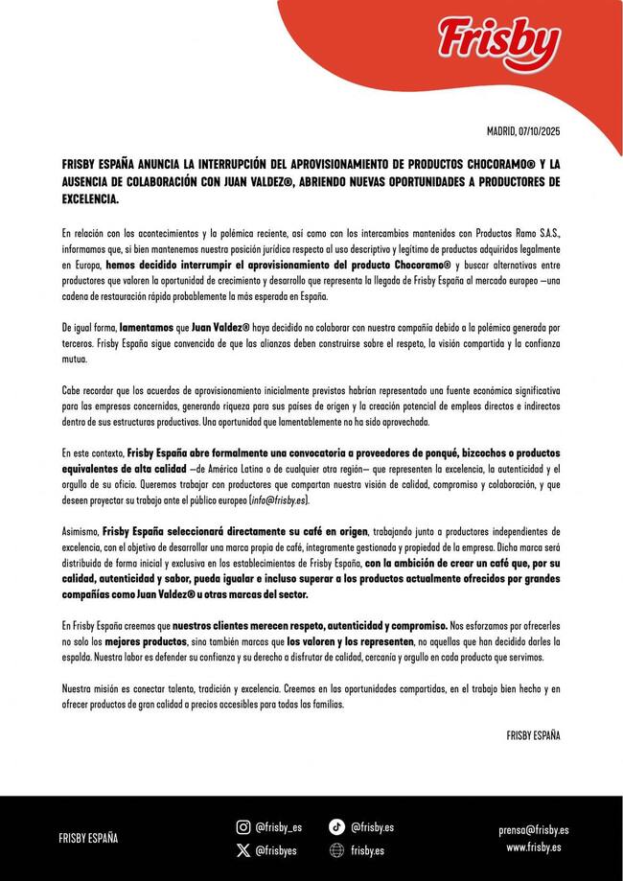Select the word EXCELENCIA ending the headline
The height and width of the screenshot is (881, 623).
pyautogui.click(x=89, y=198)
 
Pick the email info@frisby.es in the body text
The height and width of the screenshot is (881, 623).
pyautogui.click(x=279, y=500)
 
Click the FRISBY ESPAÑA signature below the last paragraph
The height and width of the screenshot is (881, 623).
pyautogui.click(x=533, y=735)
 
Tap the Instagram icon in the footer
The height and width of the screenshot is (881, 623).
pyautogui.click(x=243, y=827)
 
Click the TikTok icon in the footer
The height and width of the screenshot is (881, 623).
pyautogui.click(x=336, y=827)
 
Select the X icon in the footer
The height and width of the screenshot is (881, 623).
pyautogui.click(x=243, y=850)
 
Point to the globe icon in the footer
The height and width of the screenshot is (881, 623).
pyautogui.click(x=336, y=850)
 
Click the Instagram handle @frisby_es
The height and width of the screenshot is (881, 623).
pyautogui.click(x=279, y=827)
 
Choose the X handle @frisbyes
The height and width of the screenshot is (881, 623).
pyautogui.click(x=276, y=850)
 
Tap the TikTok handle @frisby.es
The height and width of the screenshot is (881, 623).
pyautogui.click(x=372, y=827)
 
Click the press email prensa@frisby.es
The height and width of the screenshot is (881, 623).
pyautogui.click(x=534, y=830)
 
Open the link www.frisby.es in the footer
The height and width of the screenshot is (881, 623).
pyautogui.click(x=534, y=847)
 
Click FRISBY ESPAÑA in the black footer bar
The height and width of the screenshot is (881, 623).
pyautogui.click(x=89, y=838)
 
